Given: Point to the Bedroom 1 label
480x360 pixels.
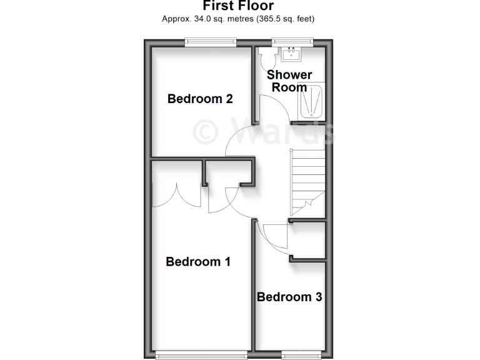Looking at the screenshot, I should click(198, 261).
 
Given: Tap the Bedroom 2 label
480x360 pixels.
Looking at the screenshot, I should click(200, 99).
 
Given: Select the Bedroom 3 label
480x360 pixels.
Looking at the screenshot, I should click(289, 297).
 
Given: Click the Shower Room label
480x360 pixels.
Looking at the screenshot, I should click(289, 81).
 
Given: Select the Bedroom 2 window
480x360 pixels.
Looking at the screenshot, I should click(211, 42).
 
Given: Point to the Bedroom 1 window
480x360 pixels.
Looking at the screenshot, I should click(201, 356).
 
